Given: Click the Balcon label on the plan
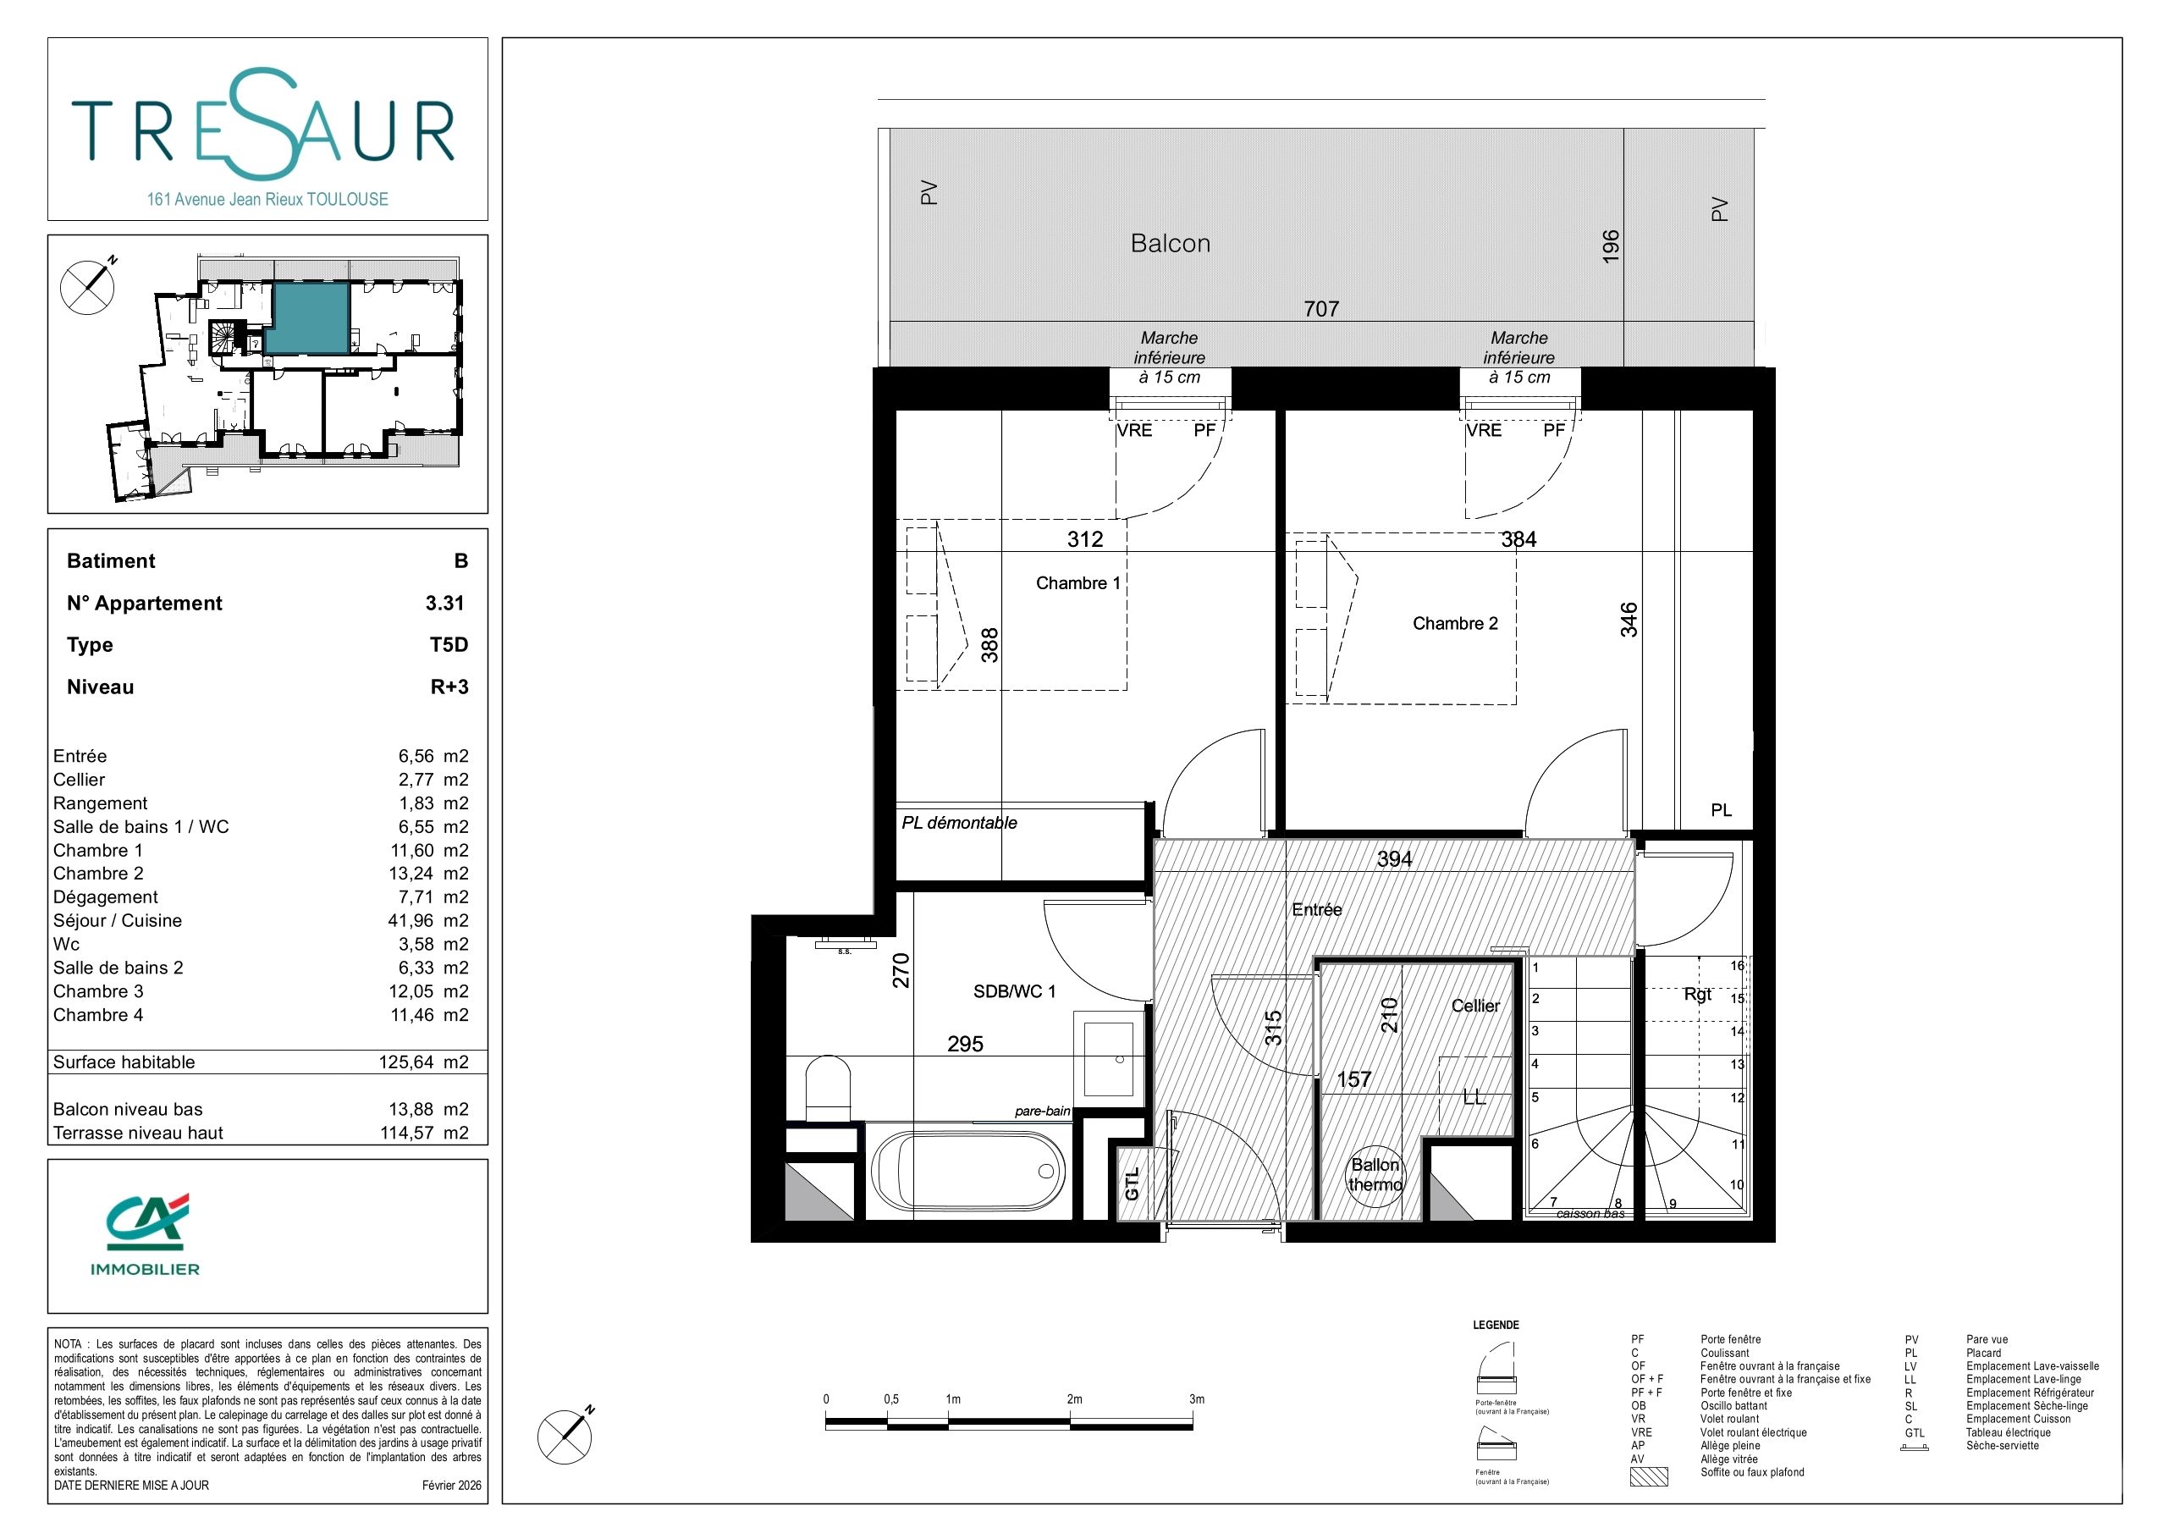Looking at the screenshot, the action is (1170, 244).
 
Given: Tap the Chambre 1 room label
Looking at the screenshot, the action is (1078, 583).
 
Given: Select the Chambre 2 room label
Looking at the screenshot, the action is (1456, 623).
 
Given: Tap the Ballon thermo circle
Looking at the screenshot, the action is (1375, 1175).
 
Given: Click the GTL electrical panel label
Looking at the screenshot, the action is (1133, 1183).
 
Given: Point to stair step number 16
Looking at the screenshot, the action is (1737, 966).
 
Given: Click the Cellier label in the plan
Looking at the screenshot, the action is (1475, 1006).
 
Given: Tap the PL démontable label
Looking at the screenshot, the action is (959, 823).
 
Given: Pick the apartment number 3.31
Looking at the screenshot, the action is (444, 603).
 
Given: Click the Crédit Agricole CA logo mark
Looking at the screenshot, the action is (145, 1222).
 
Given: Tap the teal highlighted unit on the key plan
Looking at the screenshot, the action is (307, 319).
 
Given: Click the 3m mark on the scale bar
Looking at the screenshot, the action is (1197, 1398).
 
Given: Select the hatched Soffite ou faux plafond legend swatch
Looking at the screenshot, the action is (1648, 1476).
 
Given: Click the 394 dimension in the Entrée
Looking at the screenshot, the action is (1394, 859).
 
